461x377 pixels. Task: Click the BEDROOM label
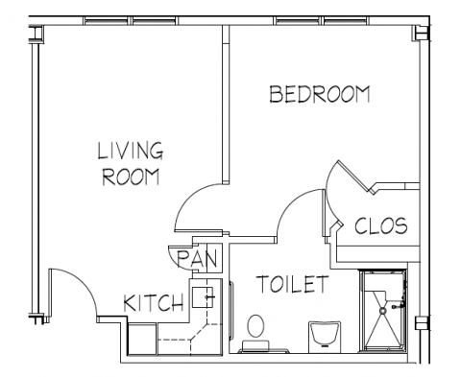320,94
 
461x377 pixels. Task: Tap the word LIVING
131,151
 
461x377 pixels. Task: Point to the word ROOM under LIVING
131,177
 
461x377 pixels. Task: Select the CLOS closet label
381,225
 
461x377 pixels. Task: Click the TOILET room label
293,284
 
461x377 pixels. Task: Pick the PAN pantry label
198,259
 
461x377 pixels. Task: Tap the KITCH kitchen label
154,303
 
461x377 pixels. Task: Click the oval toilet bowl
255,326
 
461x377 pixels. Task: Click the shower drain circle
382,310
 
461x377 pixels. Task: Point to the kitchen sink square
203,297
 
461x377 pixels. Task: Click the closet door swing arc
328,204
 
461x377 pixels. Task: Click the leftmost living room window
107,20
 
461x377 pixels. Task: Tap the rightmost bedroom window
346,20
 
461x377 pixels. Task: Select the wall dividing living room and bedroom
226,105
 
